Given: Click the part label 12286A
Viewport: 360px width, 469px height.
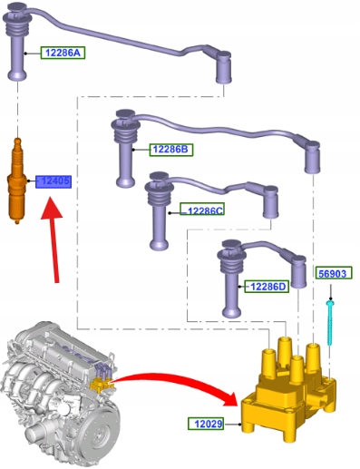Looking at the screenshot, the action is pyautogui.click(x=63, y=53).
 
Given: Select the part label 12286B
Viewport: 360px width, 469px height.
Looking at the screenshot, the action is pyautogui.click(x=171, y=150).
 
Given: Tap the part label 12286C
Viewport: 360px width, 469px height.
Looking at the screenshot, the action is pyautogui.click(x=202, y=210).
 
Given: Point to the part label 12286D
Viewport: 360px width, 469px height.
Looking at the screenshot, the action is pyautogui.click(x=267, y=286).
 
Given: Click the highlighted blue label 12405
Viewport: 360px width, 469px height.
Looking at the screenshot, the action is pyautogui.click(x=54, y=181).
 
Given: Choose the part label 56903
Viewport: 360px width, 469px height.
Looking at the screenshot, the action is pyautogui.click(x=334, y=273).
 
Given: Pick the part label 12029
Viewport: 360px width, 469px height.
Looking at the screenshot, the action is pyautogui.click(x=206, y=424).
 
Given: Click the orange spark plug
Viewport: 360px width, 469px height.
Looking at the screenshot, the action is pyautogui.click(x=15, y=181).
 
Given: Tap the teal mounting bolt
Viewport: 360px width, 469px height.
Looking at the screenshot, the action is pyautogui.click(x=330, y=322).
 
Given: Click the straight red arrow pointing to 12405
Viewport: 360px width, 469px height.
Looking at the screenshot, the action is pyautogui.click(x=54, y=239).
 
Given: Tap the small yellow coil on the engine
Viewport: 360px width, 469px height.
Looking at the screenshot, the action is pyautogui.click(x=100, y=386).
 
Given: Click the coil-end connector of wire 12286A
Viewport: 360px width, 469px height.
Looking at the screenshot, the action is pyautogui.click(x=224, y=67).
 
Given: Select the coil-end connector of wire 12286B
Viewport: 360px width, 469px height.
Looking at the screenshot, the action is pyautogui.click(x=313, y=157).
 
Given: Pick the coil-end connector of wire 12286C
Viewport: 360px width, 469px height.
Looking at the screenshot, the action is pyautogui.click(x=270, y=202).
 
